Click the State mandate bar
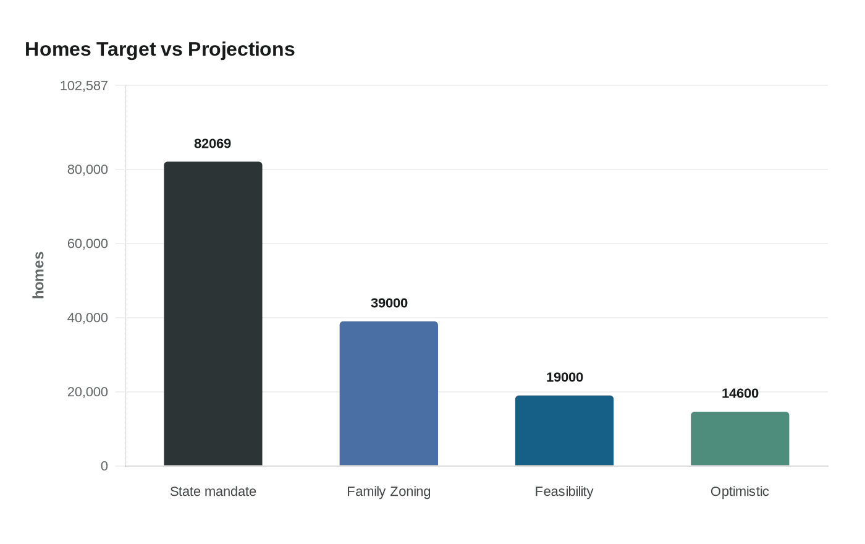(213, 313)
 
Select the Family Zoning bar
(389, 393)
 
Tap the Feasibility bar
(564, 430)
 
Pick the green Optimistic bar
(740, 438)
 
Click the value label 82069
(213, 143)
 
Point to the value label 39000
(389, 303)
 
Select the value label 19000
(564, 377)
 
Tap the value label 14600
(740, 393)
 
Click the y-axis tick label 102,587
(84, 86)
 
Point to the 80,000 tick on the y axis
(88, 169)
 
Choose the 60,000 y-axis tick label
(88, 244)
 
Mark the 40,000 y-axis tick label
(88, 318)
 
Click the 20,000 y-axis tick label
(88, 392)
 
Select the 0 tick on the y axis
(104, 466)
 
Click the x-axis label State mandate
(213, 491)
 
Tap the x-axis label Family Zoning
(389, 491)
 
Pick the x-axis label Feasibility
(564, 491)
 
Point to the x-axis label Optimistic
(740, 491)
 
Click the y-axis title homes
(38, 275)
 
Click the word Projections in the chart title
(241, 49)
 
